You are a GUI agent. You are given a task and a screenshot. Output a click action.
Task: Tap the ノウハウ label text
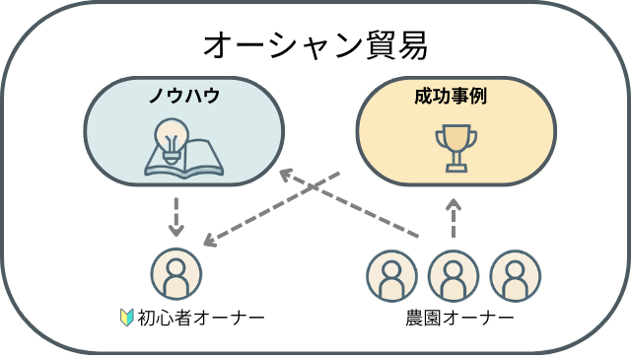(183, 97)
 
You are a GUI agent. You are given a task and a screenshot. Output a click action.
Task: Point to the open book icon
(183, 159)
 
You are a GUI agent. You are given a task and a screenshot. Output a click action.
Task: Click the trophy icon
(455, 146)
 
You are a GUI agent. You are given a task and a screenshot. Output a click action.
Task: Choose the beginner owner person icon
(176, 273)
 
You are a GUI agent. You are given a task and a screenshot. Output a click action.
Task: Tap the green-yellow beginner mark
(126, 318)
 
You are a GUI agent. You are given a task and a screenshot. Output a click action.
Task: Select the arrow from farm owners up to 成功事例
(454, 218)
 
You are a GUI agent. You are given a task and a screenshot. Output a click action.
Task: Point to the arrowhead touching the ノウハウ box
(286, 176)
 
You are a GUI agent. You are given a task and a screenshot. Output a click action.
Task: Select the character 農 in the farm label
(414, 318)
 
